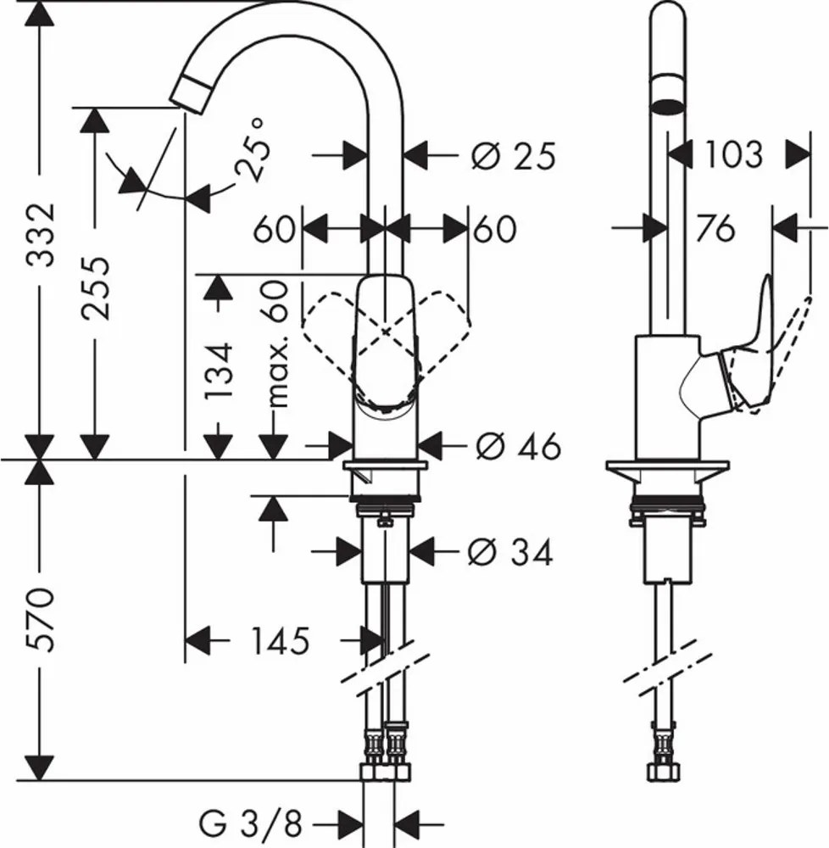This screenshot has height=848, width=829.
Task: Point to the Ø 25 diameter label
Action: pyautogui.click(x=513, y=156)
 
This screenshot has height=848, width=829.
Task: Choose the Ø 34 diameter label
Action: pyautogui.click(x=509, y=553)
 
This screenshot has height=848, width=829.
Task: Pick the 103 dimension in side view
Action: pyautogui.click(x=734, y=155)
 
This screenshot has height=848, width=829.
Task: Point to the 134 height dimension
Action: pyautogui.click(x=220, y=370)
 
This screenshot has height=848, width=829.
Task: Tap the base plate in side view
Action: pyautogui.click(x=667, y=468)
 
